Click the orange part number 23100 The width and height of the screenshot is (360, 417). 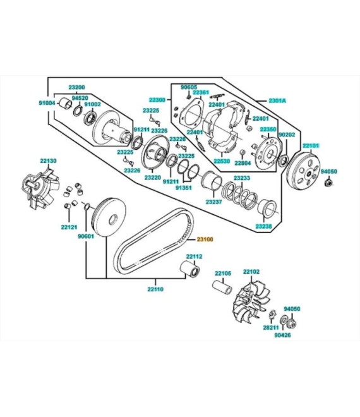point(205,239)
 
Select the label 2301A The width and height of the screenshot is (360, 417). point(277,100)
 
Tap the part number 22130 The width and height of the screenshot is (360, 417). point(49,160)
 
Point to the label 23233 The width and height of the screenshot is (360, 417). point(242,178)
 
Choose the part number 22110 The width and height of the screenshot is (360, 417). point(155,289)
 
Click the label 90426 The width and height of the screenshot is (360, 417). point(282,335)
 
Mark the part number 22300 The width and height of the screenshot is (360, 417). point(157,100)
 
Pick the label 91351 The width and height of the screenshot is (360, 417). point(183,188)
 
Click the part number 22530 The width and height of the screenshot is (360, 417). point(222,161)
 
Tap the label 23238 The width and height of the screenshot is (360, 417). point(264,226)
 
